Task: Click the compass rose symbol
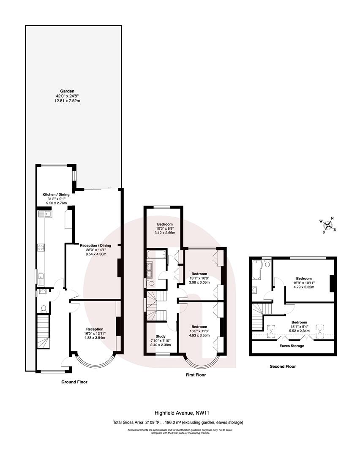point(327,225)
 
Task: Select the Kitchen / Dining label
point(56,195)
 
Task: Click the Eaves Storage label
point(291,346)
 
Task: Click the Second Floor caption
point(283,366)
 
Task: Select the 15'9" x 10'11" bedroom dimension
point(304,283)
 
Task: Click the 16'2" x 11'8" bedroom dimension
point(199,331)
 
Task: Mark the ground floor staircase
point(43,334)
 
